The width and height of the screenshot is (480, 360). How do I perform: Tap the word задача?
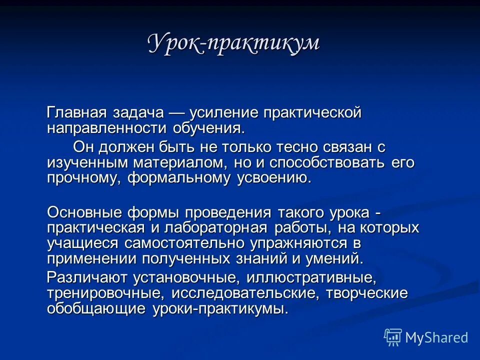coord(141,113)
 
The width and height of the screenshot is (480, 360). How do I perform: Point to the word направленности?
coord(107,128)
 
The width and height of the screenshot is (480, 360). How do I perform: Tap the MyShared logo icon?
coord(393,337)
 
